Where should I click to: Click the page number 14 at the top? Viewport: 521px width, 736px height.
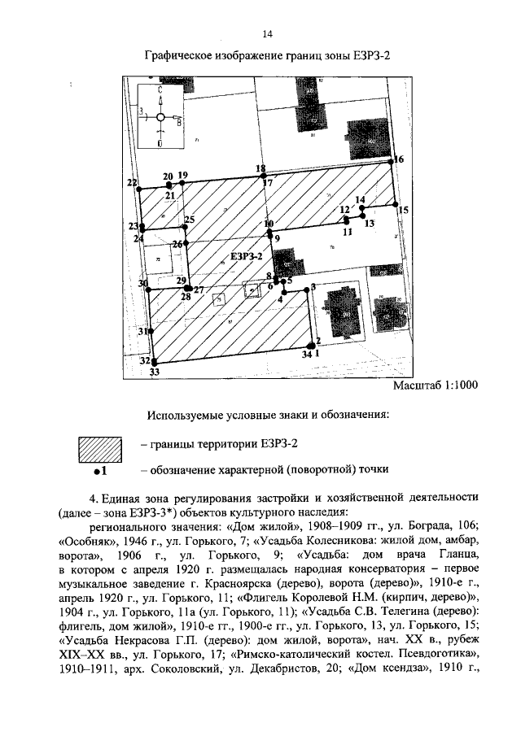tap(267, 34)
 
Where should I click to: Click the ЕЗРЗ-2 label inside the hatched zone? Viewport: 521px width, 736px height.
tap(246, 256)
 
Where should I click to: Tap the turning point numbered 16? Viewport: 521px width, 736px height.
tap(399, 159)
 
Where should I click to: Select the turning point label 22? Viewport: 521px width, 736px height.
tap(132, 184)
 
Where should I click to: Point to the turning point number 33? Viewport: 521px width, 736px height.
tap(154, 372)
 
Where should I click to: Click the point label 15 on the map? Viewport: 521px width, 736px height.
tap(404, 211)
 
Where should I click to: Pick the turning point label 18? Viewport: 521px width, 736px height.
tap(260, 168)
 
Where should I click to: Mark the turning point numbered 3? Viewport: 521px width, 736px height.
tap(313, 286)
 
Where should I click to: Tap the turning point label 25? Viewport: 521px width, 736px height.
tap(190, 220)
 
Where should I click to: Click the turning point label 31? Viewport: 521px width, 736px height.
tap(142, 332)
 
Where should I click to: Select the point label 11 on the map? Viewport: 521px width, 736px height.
tap(348, 232)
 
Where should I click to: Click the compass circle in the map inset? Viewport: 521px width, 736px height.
tap(160, 119)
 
